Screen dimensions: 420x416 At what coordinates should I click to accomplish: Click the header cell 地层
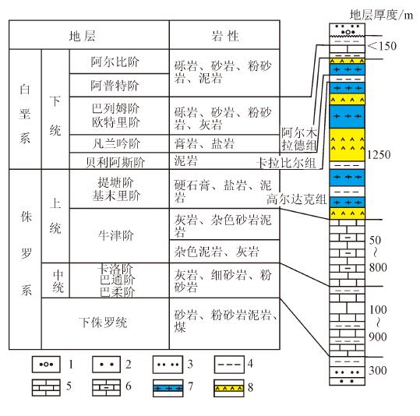(89, 35)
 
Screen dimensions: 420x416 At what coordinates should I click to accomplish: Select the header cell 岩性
(224, 35)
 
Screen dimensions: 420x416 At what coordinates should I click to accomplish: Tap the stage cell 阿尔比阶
(119, 62)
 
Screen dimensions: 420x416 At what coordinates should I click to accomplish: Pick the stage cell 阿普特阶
(119, 85)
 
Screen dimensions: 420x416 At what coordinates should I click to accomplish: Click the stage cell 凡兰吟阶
(119, 143)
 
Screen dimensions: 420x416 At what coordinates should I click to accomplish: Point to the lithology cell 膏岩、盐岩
(224, 143)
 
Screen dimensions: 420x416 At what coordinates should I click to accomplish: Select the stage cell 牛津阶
(119, 235)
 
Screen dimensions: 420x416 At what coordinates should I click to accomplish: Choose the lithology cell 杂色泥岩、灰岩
(224, 252)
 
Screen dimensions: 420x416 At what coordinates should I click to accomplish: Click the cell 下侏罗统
(105, 323)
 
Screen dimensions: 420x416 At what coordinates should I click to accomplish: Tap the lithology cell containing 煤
(224, 323)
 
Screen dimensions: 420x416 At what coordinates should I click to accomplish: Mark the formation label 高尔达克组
(296, 199)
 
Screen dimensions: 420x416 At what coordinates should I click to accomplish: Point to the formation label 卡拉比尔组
(286, 163)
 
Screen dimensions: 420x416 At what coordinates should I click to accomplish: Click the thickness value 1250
(379, 155)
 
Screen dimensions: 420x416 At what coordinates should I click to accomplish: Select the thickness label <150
(383, 46)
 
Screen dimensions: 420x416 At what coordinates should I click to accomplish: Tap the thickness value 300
(378, 371)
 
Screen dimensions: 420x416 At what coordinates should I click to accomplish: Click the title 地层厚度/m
(382, 15)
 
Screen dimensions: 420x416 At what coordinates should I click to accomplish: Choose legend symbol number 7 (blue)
(168, 388)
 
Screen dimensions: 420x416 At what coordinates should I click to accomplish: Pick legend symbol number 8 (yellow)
(229, 388)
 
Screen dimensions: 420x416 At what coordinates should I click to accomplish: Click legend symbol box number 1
(46, 365)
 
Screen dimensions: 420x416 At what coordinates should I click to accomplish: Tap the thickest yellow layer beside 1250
(348, 145)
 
